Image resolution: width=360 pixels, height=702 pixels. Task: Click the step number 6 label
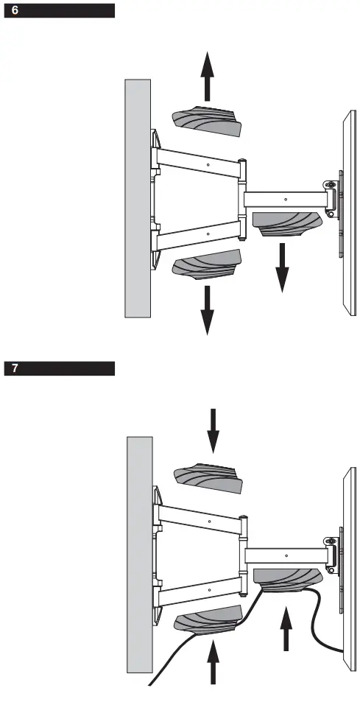coord(15,11)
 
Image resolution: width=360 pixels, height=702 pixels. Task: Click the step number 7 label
coord(15,369)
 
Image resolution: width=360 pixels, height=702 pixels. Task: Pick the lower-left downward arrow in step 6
coord(208,309)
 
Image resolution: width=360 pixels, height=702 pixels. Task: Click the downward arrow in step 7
coord(213,430)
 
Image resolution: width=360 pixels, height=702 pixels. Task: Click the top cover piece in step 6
coord(206,122)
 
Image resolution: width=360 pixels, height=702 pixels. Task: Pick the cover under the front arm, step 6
coord(287,222)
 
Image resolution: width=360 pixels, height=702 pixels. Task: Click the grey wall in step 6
coord(137,199)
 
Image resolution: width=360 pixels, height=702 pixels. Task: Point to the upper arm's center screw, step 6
coord(209,164)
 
